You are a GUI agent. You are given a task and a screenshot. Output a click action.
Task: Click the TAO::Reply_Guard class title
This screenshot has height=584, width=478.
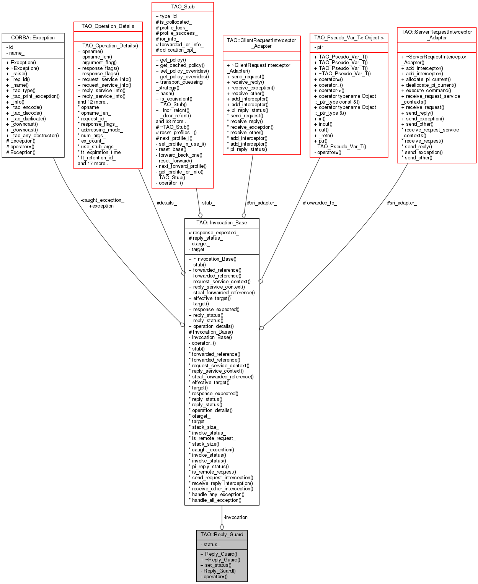tap(222, 534)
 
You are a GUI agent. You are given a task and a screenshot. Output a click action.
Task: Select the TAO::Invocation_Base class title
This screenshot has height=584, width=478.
tap(222, 222)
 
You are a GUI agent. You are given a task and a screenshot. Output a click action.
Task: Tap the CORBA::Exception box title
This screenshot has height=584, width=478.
tap(33, 37)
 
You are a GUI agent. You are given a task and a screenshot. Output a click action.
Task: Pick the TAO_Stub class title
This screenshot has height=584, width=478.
tap(183, 6)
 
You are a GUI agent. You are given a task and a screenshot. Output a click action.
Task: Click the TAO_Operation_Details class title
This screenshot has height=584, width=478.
tap(108, 26)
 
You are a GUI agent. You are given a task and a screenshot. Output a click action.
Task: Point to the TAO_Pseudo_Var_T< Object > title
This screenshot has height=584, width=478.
tap(349, 37)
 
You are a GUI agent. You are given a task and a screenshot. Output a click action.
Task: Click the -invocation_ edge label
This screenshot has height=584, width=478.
tap(237, 517)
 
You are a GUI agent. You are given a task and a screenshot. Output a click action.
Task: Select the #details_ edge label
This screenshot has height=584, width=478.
tap(166, 203)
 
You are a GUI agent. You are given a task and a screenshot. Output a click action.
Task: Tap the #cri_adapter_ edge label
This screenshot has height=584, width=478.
tap(262, 203)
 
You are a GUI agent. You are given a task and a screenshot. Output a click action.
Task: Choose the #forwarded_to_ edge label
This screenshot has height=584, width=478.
tap(320, 203)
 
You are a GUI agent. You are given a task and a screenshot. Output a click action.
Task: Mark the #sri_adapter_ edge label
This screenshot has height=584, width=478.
tap(402, 203)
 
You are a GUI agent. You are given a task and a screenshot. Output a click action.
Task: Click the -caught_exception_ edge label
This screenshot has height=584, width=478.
tap(103, 200)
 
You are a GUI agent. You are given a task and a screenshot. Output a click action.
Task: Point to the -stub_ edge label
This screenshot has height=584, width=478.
tap(207, 203)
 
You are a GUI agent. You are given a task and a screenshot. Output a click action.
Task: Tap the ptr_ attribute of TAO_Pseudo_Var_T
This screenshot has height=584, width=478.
tap(321, 47)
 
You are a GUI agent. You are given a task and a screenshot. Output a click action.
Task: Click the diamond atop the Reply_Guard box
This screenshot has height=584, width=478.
tap(222, 527)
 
